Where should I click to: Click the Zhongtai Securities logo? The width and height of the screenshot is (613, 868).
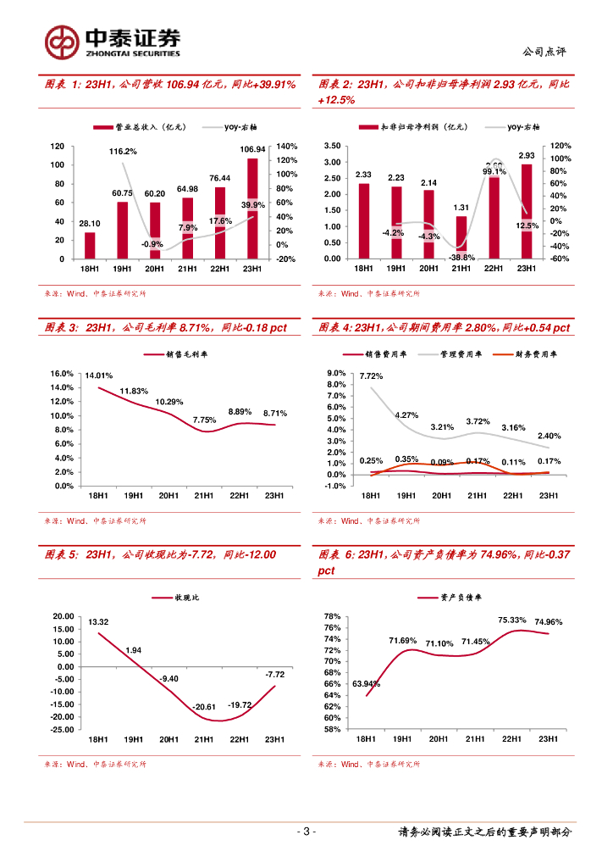click(113, 41)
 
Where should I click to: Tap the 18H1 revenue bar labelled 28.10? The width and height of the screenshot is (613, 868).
click(90, 245)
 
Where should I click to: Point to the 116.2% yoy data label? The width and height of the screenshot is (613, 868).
click(124, 152)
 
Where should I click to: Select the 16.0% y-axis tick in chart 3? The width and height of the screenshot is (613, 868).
click(64, 374)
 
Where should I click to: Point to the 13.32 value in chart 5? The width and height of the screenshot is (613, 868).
click(98, 622)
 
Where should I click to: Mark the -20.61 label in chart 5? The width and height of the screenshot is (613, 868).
click(203, 706)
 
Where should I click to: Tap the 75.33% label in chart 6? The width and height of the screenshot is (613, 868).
click(512, 620)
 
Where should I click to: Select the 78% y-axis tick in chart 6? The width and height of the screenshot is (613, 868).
click(333, 616)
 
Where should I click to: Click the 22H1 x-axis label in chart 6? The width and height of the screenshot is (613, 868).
click(511, 739)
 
